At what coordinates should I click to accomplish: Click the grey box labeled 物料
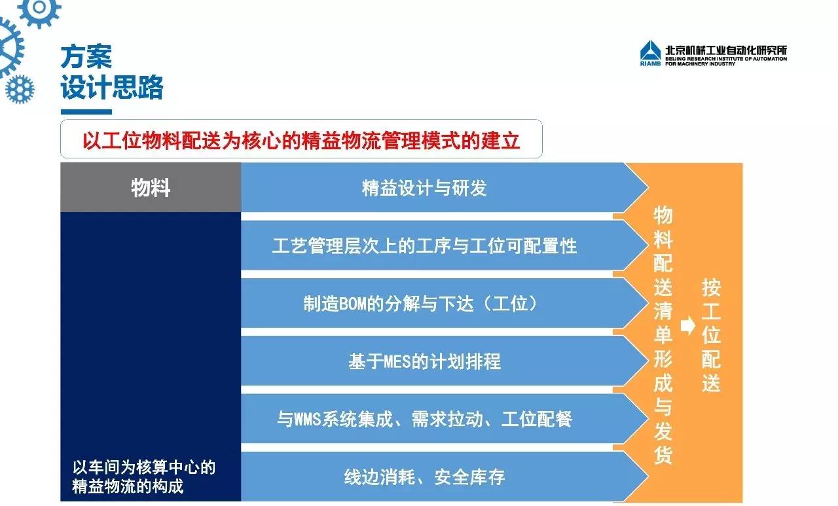coord(151,187)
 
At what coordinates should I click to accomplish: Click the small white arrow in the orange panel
coord(687,325)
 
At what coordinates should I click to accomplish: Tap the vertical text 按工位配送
coord(711,335)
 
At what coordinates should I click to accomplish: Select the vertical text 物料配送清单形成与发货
coord(663,335)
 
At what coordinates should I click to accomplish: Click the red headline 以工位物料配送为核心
coord(301,141)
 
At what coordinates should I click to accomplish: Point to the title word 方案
coord(86,57)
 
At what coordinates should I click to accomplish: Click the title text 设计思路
coord(112,87)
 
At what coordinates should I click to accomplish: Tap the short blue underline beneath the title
coord(86,112)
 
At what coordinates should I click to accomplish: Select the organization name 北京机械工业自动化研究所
coord(726,50)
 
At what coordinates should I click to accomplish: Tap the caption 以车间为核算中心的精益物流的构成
coord(143,477)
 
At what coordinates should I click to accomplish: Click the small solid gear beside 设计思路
coord(20,90)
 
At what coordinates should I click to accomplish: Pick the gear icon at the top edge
coord(39,10)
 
